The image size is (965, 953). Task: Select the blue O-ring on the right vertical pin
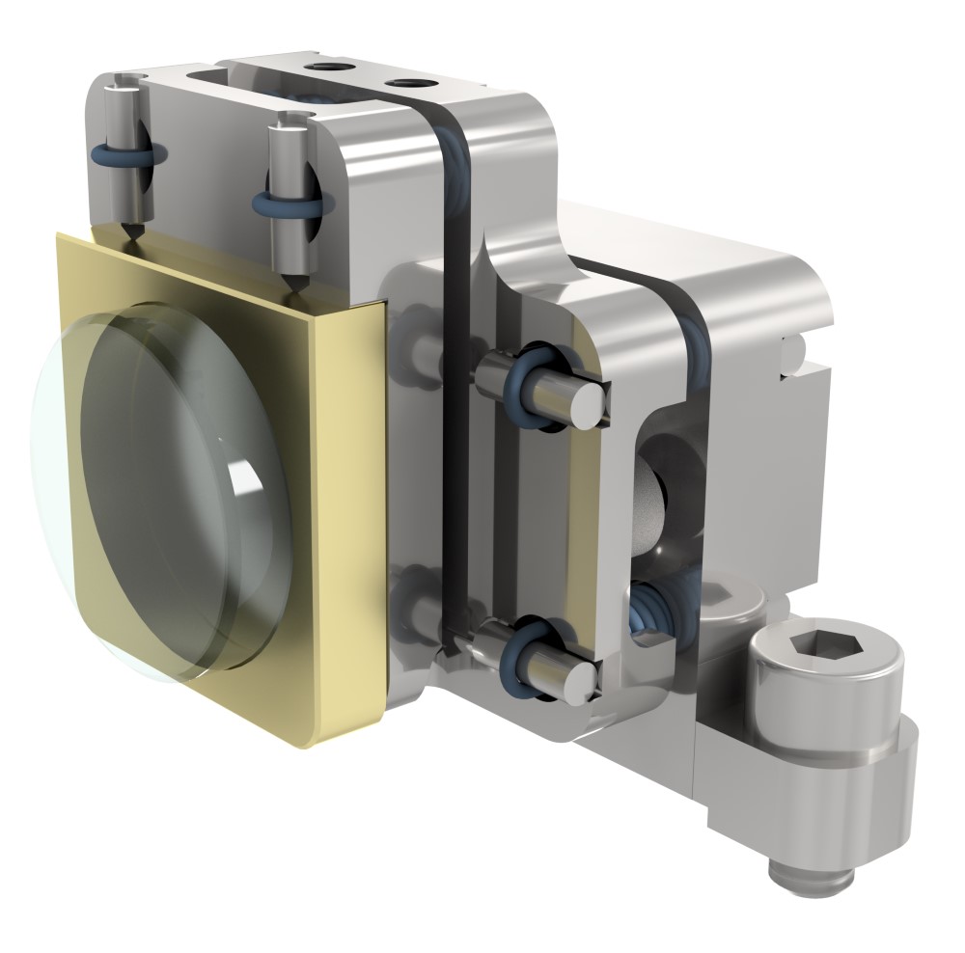tap(289, 204)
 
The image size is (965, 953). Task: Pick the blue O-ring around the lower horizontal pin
tap(528, 648)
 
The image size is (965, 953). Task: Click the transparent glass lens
tap(164, 492)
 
